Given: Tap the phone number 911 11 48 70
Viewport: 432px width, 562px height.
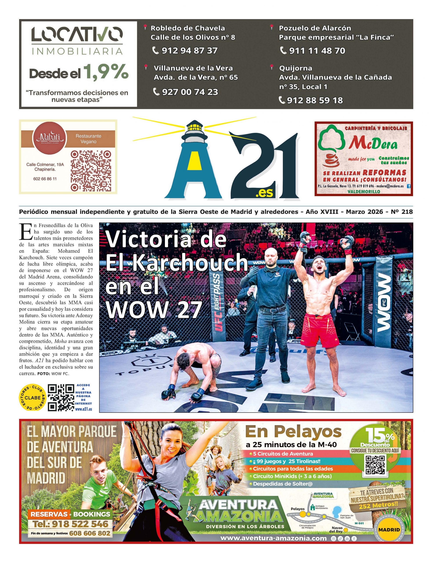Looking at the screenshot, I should pos(317,51).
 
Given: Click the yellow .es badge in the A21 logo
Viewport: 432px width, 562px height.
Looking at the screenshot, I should pos(264,193).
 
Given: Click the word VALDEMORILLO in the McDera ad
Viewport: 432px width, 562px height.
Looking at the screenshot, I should pos(364,191).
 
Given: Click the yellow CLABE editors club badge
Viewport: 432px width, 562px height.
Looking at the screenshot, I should pos(33,398).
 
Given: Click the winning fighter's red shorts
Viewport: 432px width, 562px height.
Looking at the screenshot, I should pos(319,331).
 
